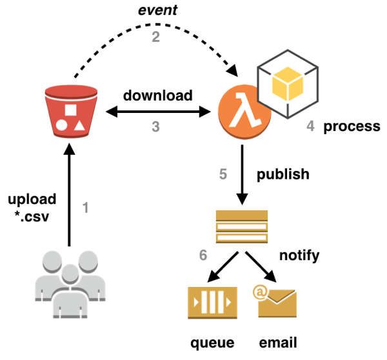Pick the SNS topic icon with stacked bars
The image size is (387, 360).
[242, 226]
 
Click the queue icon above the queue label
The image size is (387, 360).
[210, 302]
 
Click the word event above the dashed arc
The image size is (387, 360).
[157, 12]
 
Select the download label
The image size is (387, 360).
[158, 95]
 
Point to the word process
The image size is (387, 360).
[352, 126]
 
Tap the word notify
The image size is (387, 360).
[299, 255]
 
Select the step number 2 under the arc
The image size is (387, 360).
[155, 37]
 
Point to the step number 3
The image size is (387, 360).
[155, 126]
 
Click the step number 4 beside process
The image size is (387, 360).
[310, 126]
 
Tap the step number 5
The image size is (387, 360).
[223, 174]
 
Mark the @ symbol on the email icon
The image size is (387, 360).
[261, 293]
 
